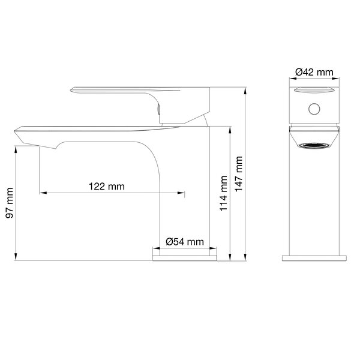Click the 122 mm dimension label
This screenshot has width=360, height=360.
click(x=107, y=186)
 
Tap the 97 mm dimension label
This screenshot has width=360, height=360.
click(x=10, y=203)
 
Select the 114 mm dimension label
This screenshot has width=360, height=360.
click(x=223, y=193)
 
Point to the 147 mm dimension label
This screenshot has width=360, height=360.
click(x=239, y=174)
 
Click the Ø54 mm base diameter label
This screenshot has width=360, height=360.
click(x=185, y=242)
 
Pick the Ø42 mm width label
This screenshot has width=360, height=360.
click(x=314, y=72)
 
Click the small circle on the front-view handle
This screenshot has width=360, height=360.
click(x=314, y=109)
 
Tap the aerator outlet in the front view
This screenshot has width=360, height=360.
click(x=314, y=146)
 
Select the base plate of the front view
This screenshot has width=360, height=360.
click(x=314, y=258)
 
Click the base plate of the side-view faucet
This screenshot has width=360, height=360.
click(x=185, y=258)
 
